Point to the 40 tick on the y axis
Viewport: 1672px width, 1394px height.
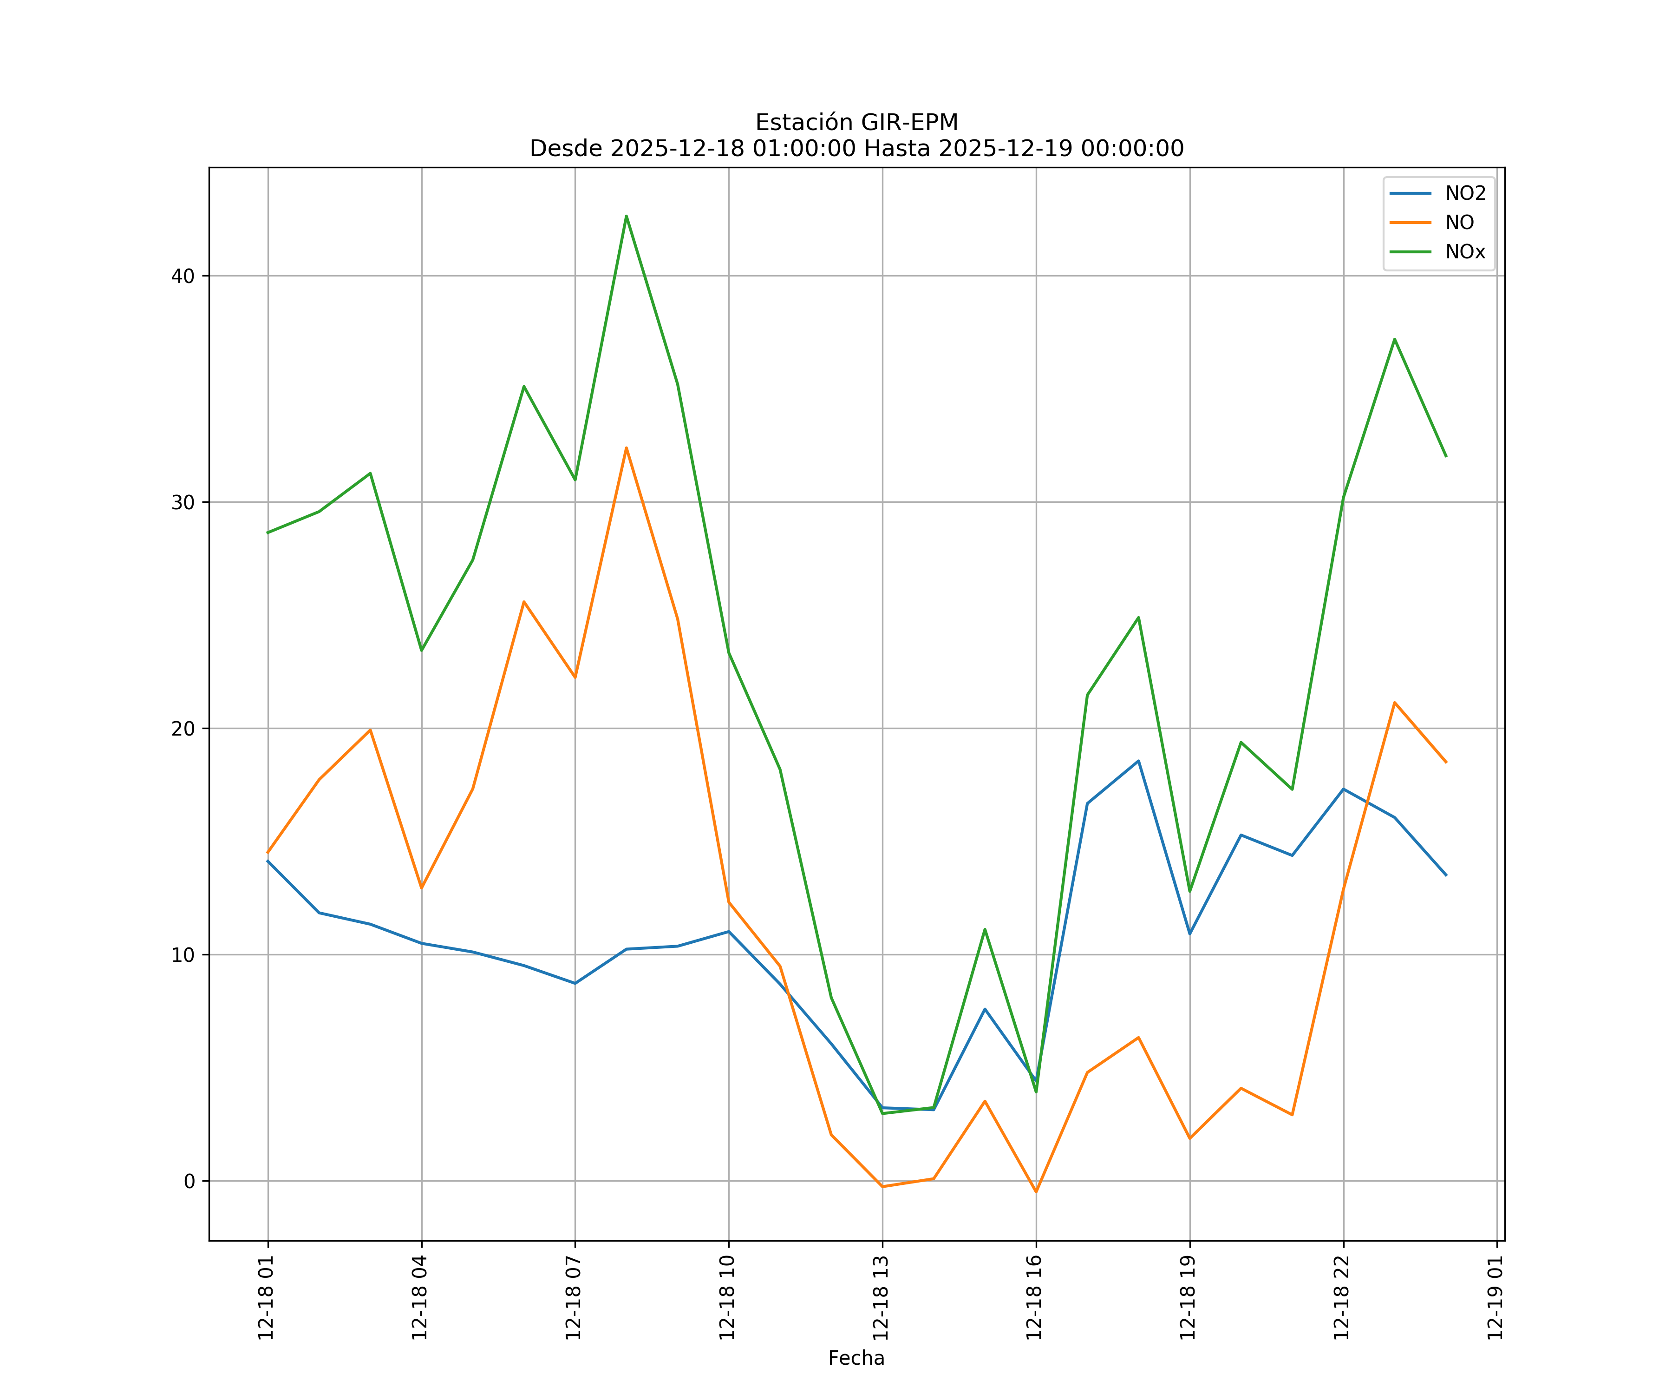click(183, 276)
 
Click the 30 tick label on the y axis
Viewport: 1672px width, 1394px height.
click(183, 503)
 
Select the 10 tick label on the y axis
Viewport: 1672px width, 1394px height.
click(183, 955)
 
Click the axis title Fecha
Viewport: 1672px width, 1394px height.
click(856, 1358)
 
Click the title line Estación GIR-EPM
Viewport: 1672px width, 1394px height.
click(856, 123)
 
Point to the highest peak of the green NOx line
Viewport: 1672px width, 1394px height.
click(627, 216)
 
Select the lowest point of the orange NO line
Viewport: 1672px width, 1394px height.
click(1036, 1192)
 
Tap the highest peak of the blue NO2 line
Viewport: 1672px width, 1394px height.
click(1138, 761)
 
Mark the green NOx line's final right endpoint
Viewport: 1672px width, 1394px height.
click(1446, 456)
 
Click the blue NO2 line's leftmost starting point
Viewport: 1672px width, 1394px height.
click(268, 861)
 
